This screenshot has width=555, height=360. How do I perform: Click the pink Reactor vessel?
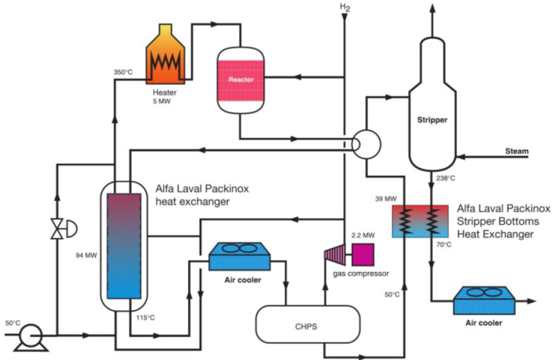point(239,80)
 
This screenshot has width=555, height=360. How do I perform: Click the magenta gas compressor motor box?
point(362,254)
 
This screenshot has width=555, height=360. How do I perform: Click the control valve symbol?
point(57,228)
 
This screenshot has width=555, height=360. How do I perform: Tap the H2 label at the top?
point(345,7)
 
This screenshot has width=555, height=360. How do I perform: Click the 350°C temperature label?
point(123,72)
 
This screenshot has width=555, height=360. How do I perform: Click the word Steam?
point(516,151)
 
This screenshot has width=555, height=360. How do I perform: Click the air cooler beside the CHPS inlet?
point(239,256)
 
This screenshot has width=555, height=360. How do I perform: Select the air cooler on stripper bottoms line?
point(482,301)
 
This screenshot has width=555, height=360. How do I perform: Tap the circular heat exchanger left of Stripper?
point(365,144)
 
